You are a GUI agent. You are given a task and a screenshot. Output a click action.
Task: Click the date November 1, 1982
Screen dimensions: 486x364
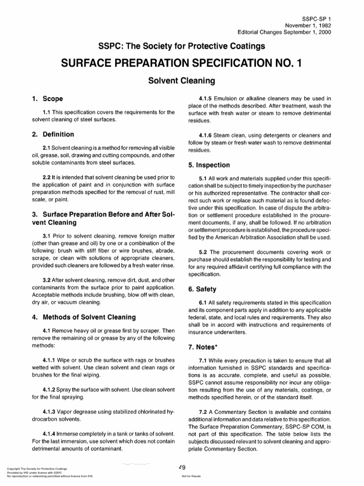(307, 24)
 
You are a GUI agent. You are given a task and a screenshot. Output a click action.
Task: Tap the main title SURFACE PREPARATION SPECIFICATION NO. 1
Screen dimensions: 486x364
(182, 64)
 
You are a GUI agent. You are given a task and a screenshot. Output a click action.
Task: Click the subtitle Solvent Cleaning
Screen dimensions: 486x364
(182, 81)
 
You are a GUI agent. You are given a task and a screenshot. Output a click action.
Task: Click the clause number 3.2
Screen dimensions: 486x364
(47, 280)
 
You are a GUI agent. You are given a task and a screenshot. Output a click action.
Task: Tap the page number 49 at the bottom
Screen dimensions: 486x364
(182, 467)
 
